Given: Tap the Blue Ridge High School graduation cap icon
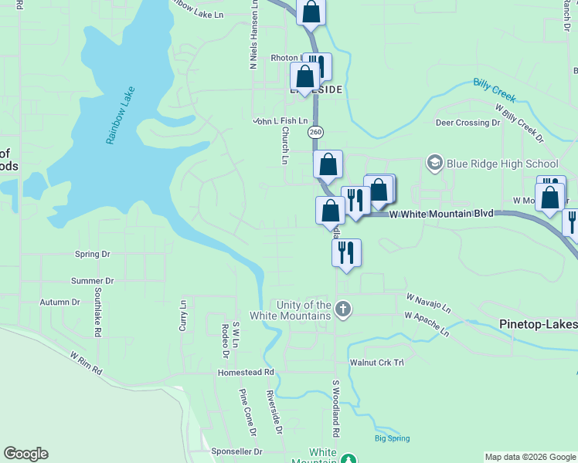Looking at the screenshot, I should [x=434, y=164].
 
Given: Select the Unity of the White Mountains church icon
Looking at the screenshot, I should [x=343, y=310].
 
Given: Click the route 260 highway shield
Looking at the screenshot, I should [x=315, y=133].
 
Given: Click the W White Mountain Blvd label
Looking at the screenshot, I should [x=441, y=212].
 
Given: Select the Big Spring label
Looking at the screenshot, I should [x=391, y=438].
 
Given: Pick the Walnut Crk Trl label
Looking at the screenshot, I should [x=376, y=361].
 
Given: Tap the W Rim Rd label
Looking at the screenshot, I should [x=86, y=363].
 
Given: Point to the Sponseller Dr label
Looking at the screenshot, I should [x=237, y=451].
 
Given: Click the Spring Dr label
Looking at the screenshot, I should [x=93, y=254].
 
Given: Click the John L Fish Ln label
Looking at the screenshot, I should [x=280, y=121].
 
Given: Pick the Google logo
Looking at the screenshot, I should [x=25, y=454].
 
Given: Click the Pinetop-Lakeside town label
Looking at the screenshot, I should [x=538, y=324].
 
